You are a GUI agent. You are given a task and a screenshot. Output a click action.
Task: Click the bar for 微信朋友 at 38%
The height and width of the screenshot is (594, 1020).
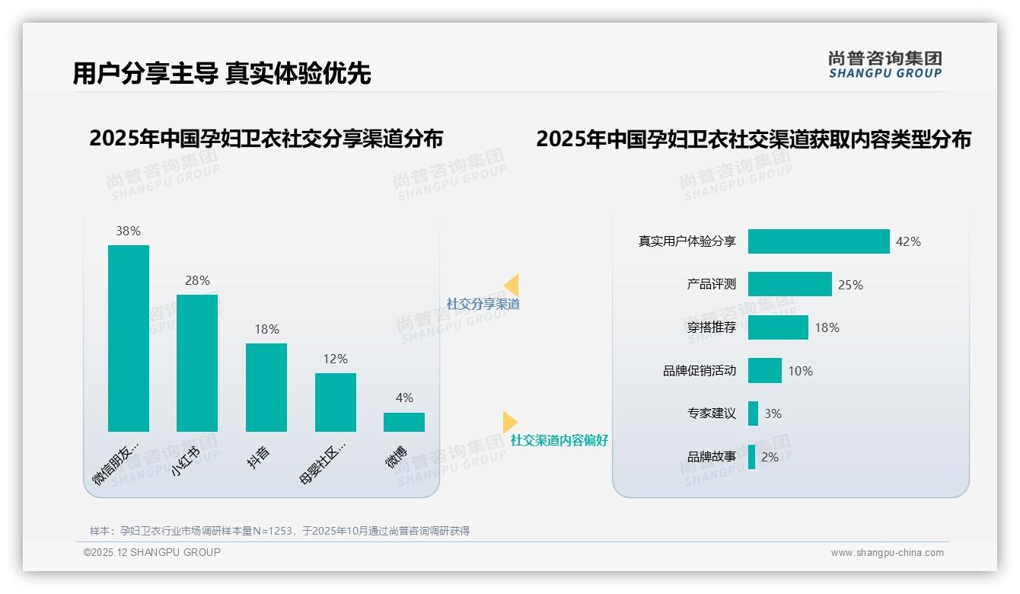[x=128, y=338]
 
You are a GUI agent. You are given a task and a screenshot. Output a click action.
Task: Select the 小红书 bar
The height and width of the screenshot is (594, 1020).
[x=196, y=362]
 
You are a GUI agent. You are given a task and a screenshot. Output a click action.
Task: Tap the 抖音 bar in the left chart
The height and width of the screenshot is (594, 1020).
[x=266, y=387]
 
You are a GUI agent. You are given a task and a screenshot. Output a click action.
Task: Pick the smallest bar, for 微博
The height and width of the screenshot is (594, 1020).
[x=403, y=422]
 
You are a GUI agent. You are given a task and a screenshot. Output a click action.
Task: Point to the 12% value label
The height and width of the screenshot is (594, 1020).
[x=335, y=359]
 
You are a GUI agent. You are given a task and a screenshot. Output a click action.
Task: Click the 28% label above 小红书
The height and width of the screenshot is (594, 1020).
[x=197, y=280]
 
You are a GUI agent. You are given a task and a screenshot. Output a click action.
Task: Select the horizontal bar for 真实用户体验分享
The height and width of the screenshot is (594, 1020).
[x=818, y=241]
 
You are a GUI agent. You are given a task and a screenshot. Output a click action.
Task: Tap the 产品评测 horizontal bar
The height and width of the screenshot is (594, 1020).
[x=789, y=284]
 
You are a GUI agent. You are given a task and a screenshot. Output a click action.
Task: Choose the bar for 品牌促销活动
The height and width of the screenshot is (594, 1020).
[x=764, y=371]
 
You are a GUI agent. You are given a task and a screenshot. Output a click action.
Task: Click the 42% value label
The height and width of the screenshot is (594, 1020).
[x=908, y=241]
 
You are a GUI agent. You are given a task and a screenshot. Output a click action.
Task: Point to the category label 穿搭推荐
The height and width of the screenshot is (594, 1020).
[x=711, y=327]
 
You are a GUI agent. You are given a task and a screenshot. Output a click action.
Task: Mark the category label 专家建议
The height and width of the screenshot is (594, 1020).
[x=711, y=414]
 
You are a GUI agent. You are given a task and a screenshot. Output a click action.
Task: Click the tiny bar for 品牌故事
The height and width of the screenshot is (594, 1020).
[x=751, y=457]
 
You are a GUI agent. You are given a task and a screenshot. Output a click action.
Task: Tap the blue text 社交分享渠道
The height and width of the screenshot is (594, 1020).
[x=483, y=304]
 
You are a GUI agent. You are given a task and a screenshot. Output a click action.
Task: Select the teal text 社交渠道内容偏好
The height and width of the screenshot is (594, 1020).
[x=559, y=440]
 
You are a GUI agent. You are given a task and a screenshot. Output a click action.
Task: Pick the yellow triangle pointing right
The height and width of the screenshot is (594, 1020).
[x=509, y=422]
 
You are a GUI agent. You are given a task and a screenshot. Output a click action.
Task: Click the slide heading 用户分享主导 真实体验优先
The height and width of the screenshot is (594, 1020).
[x=222, y=73]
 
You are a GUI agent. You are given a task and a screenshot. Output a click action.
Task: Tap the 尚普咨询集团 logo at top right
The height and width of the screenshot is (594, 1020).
[x=885, y=64]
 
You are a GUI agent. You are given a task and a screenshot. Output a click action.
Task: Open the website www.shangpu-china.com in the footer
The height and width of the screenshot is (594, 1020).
[x=887, y=553]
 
